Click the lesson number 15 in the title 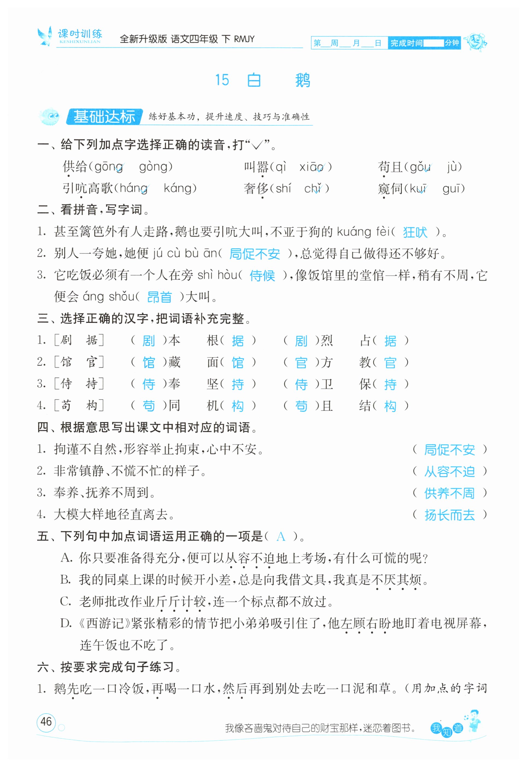click(222, 80)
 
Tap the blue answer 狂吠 click(415, 232)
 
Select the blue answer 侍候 click(262, 276)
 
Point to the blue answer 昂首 click(159, 297)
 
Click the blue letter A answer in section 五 click(281, 537)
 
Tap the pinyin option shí click(283, 188)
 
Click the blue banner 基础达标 click(104, 117)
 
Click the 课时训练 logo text click(80, 34)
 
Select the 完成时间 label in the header click(406, 43)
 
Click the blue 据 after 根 click(238, 341)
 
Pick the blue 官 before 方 click(301, 363)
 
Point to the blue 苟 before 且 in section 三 click(301, 406)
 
